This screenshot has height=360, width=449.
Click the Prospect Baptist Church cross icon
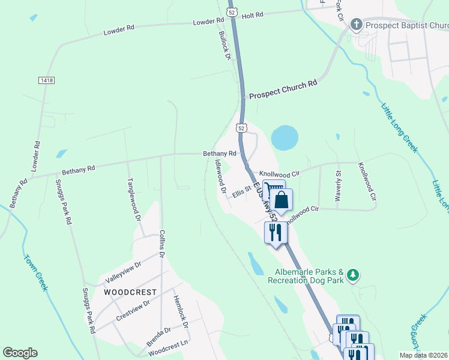pos(357,25)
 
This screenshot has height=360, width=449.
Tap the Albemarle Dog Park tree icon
pos(354,275)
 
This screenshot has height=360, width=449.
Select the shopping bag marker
pos(282,201)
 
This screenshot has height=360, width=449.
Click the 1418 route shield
pos(44,80)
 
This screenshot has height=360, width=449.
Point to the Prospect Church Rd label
pos(283,91)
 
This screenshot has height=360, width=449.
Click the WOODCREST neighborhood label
pos(130,292)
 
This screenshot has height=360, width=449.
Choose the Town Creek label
pos(35,273)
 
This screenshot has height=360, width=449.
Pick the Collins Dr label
pos(161,244)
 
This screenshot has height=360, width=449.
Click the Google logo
pos(20,353)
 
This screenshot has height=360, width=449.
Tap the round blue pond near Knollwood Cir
pos(285,138)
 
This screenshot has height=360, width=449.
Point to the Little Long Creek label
pos(399,128)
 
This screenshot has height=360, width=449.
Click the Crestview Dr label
pos(133,310)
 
